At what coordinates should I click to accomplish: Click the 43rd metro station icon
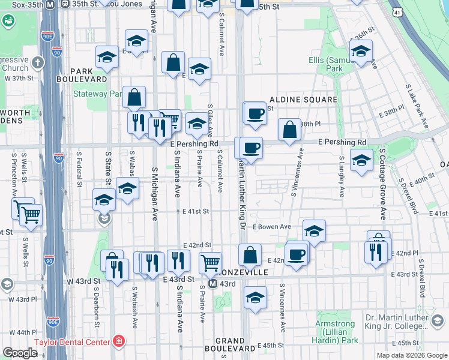(213, 283)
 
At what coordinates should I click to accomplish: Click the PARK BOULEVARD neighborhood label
(82, 74)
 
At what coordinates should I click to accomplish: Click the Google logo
(20, 353)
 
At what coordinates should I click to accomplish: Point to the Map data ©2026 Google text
(411, 355)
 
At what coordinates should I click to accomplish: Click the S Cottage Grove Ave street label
(382, 183)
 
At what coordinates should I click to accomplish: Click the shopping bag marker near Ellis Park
(289, 130)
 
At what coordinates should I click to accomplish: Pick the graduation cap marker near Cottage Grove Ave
(361, 160)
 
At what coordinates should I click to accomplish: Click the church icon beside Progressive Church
(37, 62)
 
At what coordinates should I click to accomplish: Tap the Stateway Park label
(97, 94)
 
